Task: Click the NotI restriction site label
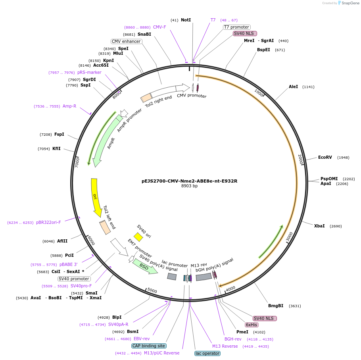(186, 20)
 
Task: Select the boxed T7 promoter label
(236, 27)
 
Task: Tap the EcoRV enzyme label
(325, 158)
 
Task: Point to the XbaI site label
(319, 226)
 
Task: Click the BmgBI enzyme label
(276, 306)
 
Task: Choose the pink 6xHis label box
(252, 325)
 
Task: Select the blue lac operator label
(207, 353)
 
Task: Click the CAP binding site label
(149, 346)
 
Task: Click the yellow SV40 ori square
(138, 237)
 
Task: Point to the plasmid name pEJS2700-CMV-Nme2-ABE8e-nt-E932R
(189, 181)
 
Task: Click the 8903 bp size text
(189, 186)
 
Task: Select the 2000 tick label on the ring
(300, 159)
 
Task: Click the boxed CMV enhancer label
(126, 41)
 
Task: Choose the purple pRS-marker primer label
(89, 72)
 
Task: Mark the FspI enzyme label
(59, 135)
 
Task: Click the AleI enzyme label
(293, 87)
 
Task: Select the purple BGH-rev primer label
(233, 339)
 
